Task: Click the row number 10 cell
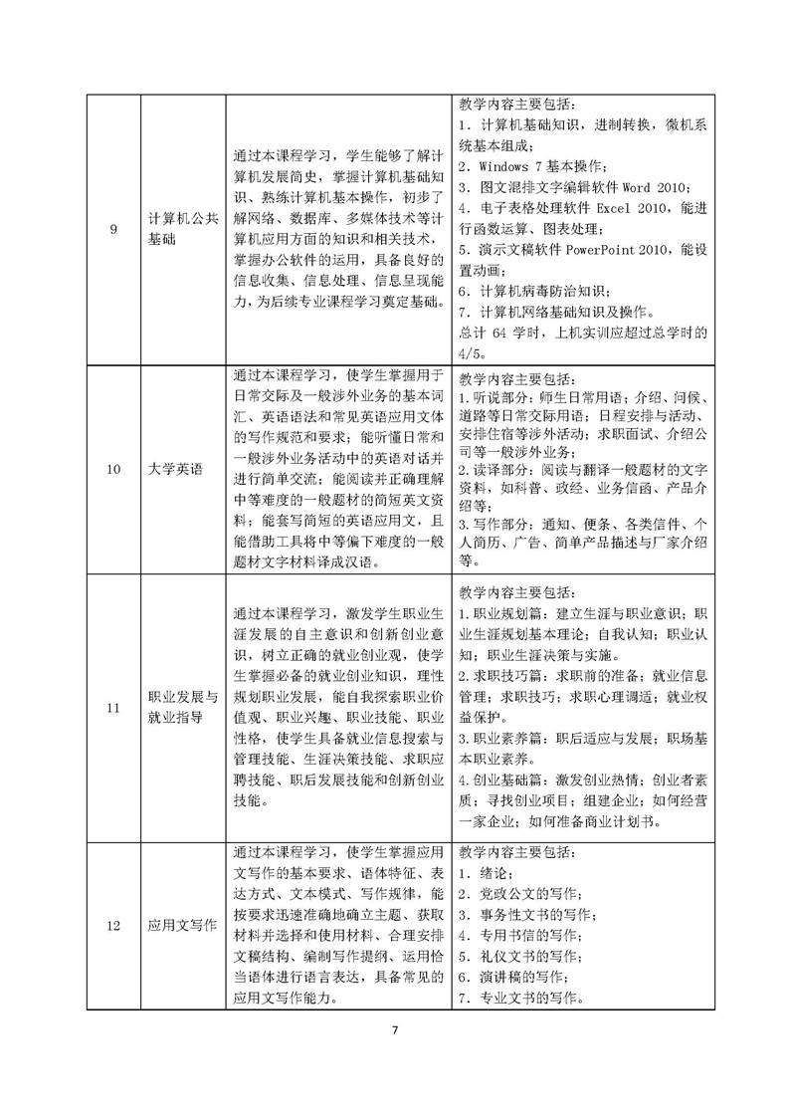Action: pos(113,470)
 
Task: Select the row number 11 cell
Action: pos(113,708)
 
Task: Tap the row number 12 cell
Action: pos(113,926)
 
